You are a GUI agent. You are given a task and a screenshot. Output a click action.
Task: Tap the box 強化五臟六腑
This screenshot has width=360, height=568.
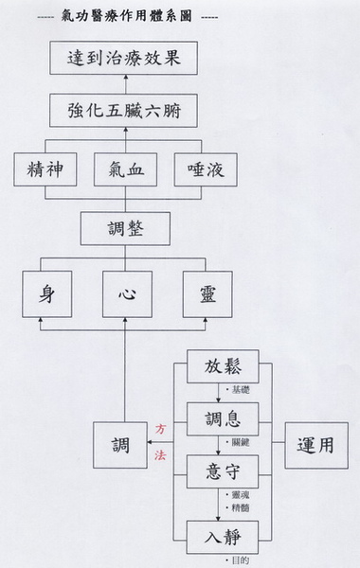point(125,111)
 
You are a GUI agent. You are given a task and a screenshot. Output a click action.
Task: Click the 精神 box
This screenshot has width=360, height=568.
point(44,172)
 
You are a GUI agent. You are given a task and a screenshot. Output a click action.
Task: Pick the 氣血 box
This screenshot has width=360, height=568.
point(125,172)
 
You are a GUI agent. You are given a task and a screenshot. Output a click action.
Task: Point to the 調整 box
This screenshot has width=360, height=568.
point(125,228)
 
